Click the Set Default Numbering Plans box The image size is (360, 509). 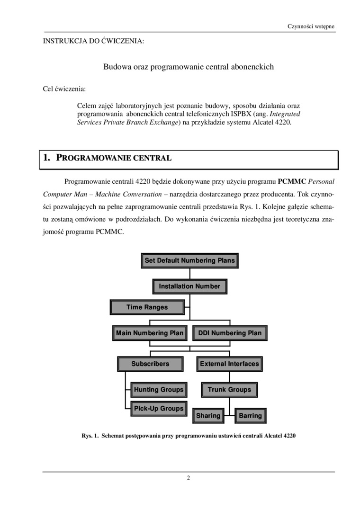(189, 260)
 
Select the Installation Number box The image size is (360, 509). (189, 286)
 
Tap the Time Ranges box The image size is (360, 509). (147, 307)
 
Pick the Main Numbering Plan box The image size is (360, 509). (150, 333)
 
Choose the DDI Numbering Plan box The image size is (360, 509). (229, 333)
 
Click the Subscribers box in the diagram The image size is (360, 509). (150, 364)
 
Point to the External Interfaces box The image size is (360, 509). (229, 364)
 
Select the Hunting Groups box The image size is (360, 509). (158, 390)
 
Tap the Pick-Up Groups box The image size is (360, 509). (158, 408)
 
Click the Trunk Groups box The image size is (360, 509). (229, 390)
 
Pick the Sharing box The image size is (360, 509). (208, 416)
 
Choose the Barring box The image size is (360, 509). (250, 416)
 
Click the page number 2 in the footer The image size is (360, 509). (189, 477)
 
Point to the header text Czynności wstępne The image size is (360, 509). (311, 26)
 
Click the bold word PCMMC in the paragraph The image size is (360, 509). (292, 181)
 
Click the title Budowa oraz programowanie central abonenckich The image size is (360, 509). (189, 67)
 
